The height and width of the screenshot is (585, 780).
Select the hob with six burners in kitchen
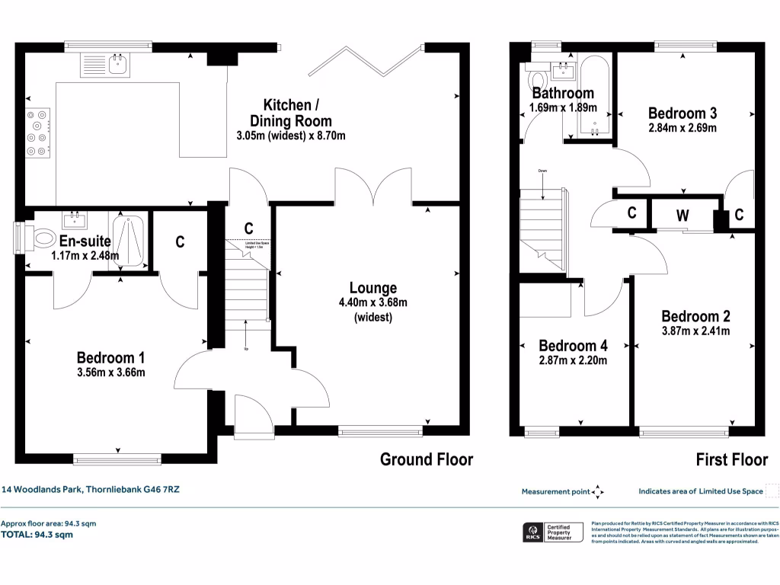pyautogui.click(x=37, y=133)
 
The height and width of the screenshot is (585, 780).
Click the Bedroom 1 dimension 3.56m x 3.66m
pyautogui.click(x=111, y=372)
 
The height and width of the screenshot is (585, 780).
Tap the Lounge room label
pyautogui.click(x=373, y=288)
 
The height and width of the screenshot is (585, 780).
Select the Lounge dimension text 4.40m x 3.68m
pyautogui.click(x=373, y=302)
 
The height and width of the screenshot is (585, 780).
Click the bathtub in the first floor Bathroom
pyautogui.click(x=591, y=99)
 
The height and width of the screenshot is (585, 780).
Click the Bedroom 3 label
pyautogui.click(x=682, y=113)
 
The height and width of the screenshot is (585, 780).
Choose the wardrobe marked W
pyautogui.click(x=683, y=216)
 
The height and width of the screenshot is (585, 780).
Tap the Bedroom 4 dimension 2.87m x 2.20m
pyautogui.click(x=573, y=360)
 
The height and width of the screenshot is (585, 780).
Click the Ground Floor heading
pyautogui.click(x=427, y=459)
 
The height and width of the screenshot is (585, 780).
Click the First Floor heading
pyautogui.click(x=732, y=459)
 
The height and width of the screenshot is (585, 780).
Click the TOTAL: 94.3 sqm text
pyautogui.click(x=37, y=535)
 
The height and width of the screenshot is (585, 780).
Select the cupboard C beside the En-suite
pyautogui.click(x=180, y=242)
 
